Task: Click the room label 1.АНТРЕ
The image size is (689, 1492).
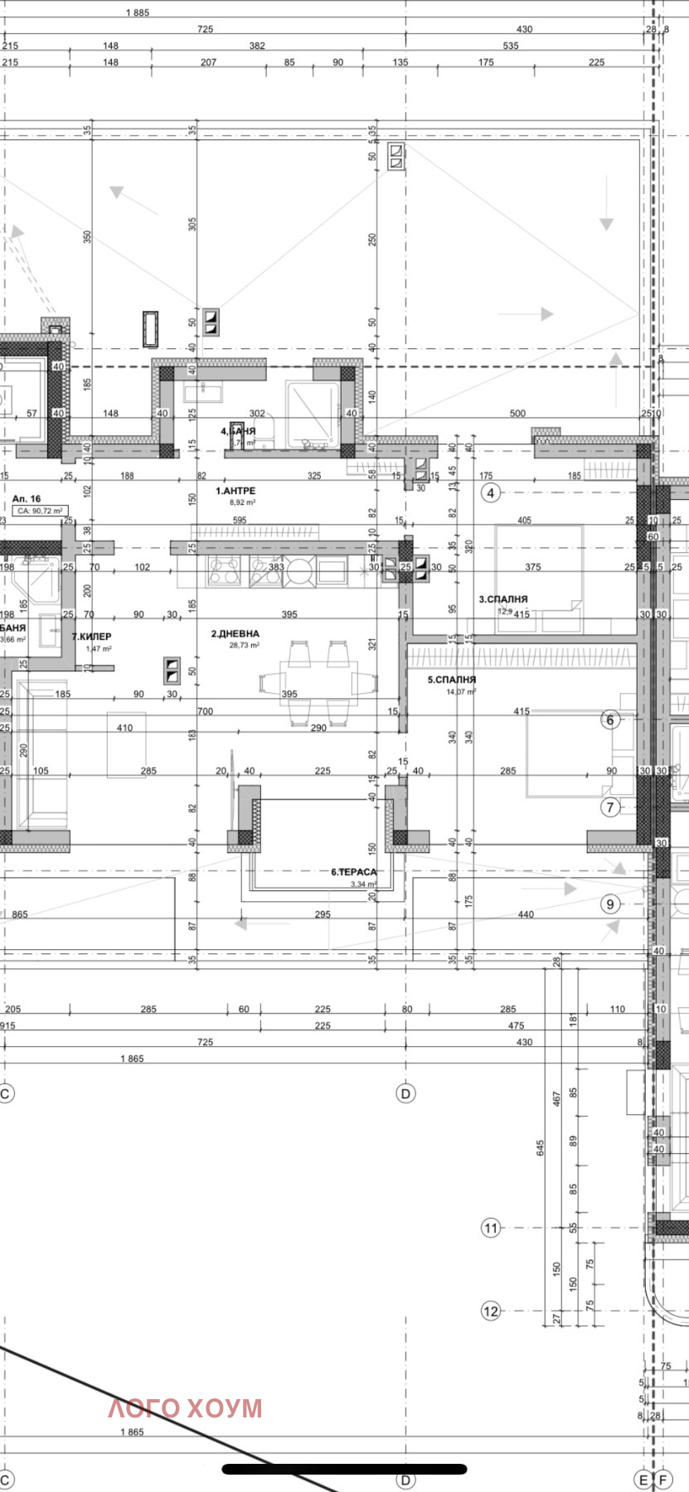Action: click(x=236, y=491)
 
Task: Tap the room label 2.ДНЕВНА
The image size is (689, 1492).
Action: click(x=235, y=633)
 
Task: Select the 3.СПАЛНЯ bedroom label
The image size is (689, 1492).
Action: click(x=503, y=598)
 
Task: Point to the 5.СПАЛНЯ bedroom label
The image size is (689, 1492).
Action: click(x=452, y=680)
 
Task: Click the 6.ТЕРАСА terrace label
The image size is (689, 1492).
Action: click(x=354, y=872)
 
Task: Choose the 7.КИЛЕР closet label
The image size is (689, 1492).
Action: click(x=91, y=637)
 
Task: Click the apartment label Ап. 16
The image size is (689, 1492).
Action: click(x=27, y=499)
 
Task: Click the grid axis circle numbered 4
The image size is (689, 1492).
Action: click(x=491, y=493)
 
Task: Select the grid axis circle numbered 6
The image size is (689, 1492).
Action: click(x=610, y=719)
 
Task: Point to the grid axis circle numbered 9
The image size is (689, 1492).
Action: click(x=610, y=903)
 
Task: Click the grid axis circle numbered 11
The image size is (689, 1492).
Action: click(x=491, y=1228)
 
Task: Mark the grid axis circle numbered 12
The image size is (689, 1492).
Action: click(x=491, y=1310)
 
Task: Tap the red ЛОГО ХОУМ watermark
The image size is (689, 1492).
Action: click(x=185, y=1407)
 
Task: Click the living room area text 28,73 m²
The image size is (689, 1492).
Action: click(x=245, y=645)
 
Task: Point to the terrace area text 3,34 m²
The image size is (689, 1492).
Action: click(x=363, y=884)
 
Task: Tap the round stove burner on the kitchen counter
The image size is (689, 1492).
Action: click(x=299, y=569)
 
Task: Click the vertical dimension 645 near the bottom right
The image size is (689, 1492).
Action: click(x=541, y=1148)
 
